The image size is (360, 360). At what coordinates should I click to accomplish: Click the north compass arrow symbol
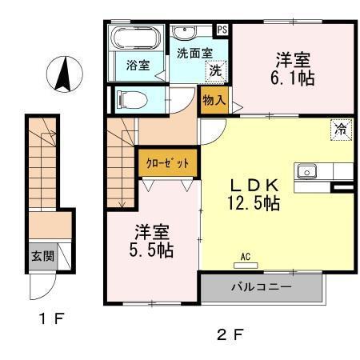click(x=62, y=74)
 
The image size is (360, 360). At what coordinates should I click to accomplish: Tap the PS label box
click(x=222, y=30)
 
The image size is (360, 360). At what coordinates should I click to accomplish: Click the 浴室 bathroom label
click(x=138, y=65)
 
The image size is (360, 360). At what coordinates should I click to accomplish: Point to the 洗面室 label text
click(x=194, y=52)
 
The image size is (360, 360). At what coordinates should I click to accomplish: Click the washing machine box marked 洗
click(x=215, y=70)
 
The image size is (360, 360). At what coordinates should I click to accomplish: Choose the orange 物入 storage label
click(x=214, y=101)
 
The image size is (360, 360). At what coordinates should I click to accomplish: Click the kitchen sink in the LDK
click(x=307, y=172)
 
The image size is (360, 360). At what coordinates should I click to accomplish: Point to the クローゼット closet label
click(x=168, y=162)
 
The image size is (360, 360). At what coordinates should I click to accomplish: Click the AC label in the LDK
click(x=246, y=257)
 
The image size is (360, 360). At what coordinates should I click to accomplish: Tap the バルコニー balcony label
click(x=262, y=286)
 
